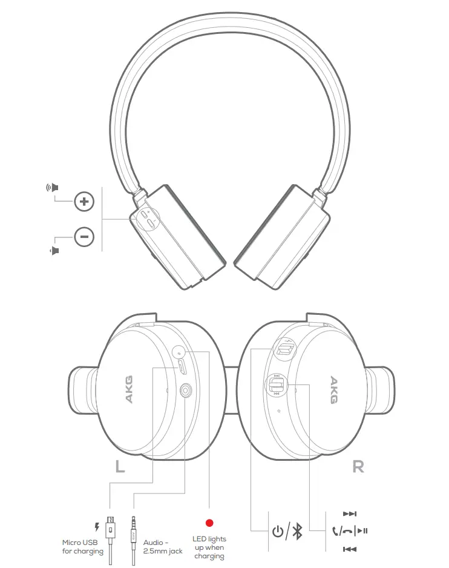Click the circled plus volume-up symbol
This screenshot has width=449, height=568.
(84, 202)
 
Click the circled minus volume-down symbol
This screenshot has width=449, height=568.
(84, 236)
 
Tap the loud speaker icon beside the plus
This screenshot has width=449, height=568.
(53, 187)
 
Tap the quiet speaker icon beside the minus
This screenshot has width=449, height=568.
(54, 250)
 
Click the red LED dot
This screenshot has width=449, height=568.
(209, 522)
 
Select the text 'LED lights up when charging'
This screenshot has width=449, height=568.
(209, 547)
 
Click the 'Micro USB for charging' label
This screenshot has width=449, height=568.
(83, 547)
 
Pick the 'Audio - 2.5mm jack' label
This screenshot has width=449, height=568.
(163, 547)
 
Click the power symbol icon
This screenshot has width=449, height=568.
(278, 532)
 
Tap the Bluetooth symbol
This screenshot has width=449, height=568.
(297, 532)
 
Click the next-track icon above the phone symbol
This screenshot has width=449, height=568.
(349, 514)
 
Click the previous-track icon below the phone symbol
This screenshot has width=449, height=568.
(349, 549)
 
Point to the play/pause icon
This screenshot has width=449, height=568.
(362, 532)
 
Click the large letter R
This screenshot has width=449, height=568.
(358, 467)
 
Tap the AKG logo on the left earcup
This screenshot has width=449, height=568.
(128, 389)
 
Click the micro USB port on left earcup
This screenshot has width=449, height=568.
(182, 368)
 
